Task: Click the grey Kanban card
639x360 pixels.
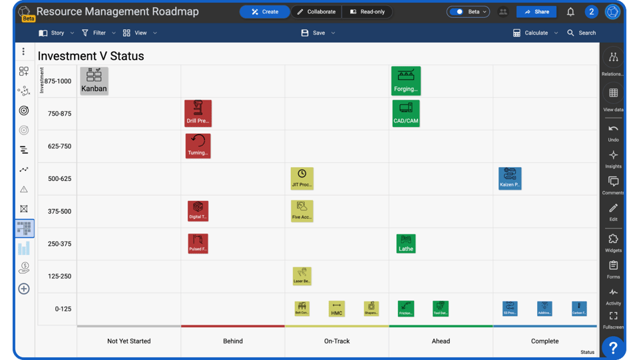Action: [94, 81]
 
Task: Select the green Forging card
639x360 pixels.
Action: [405, 81]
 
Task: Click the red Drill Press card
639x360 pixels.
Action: [198, 113]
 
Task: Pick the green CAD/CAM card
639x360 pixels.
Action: [405, 113]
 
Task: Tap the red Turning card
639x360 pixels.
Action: [198, 146]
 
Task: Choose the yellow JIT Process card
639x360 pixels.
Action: [302, 178]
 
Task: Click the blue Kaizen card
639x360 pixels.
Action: [510, 178]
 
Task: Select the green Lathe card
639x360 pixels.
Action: [405, 244]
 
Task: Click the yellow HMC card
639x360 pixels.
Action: [336, 309]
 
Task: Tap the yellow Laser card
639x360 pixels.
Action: [302, 276]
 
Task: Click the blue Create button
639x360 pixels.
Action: [264, 12]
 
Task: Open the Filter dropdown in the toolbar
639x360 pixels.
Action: [99, 33]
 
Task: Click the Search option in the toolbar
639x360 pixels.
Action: [581, 33]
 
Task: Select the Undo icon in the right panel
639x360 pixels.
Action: [613, 132]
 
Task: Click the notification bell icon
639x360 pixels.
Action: [570, 12]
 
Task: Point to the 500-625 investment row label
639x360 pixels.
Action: [59, 179]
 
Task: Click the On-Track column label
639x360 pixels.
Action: [337, 341]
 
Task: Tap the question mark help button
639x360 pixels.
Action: [613, 347]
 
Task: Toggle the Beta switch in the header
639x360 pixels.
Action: [457, 12]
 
